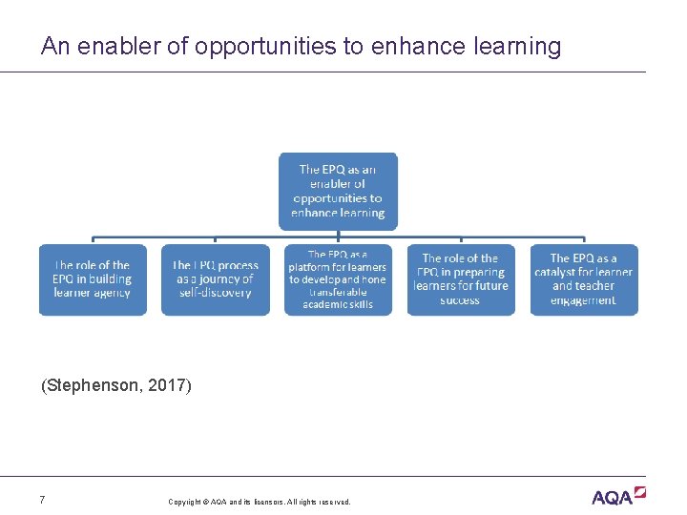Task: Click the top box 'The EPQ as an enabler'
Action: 338,191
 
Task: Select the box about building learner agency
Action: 93,279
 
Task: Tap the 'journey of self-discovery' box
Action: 215,279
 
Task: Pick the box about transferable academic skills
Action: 338,279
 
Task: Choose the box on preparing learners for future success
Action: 460,279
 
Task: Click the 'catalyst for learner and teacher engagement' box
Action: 583,279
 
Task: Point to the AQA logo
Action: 618,496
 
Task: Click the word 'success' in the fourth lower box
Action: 460,300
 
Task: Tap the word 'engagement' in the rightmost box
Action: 583,300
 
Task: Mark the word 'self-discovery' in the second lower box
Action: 215,293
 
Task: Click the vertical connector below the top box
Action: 338,233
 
